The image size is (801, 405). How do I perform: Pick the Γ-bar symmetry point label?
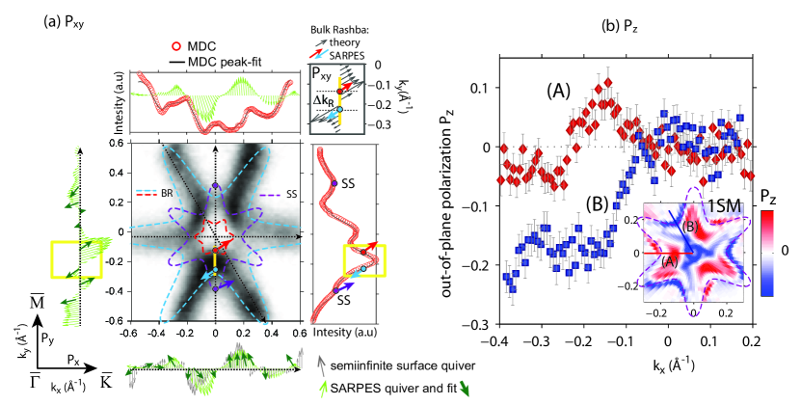point(17,372)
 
